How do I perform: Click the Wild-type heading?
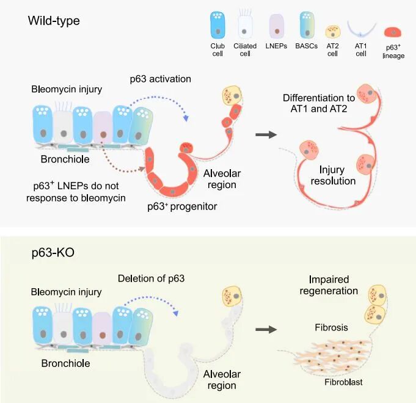click(x=54, y=21)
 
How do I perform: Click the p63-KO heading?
click(x=53, y=252)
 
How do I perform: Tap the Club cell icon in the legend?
click(x=217, y=25)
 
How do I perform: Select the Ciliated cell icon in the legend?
click(x=244, y=24)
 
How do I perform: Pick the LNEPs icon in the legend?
click(x=277, y=26)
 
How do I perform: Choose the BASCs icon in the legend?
click(x=307, y=25)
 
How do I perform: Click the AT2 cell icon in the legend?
click(x=333, y=32)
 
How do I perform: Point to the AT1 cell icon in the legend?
click(x=362, y=31)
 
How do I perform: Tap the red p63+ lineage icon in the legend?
click(x=393, y=32)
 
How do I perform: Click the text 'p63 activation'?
click(x=161, y=79)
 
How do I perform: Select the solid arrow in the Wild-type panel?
click(x=266, y=135)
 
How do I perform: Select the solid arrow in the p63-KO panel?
click(x=266, y=330)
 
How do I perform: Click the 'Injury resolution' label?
click(x=333, y=175)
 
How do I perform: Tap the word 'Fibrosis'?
click(x=331, y=327)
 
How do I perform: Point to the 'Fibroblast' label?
click(x=343, y=382)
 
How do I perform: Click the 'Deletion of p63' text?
click(x=151, y=278)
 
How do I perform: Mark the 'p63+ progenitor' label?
click(x=182, y=206)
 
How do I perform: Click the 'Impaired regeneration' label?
click(x=329, y=285)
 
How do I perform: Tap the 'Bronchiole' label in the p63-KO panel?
click(x=65, y=363)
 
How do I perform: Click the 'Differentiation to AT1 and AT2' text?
click(x=319, y=103)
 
